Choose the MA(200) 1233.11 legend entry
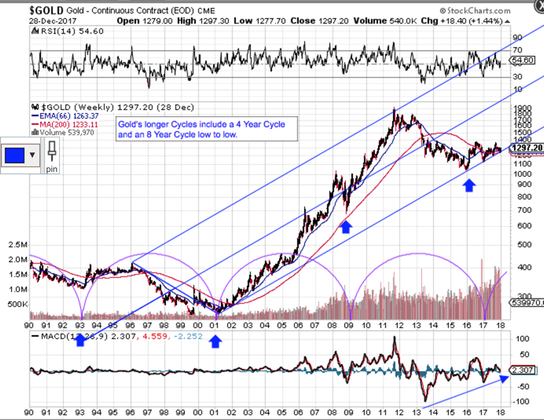click(69, 124)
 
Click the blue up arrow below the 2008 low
click(345, 226)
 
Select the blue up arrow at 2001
click(216, 342)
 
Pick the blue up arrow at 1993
click(80, 339)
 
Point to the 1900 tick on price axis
click(520, 107)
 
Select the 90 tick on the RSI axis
click(516, 37)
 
